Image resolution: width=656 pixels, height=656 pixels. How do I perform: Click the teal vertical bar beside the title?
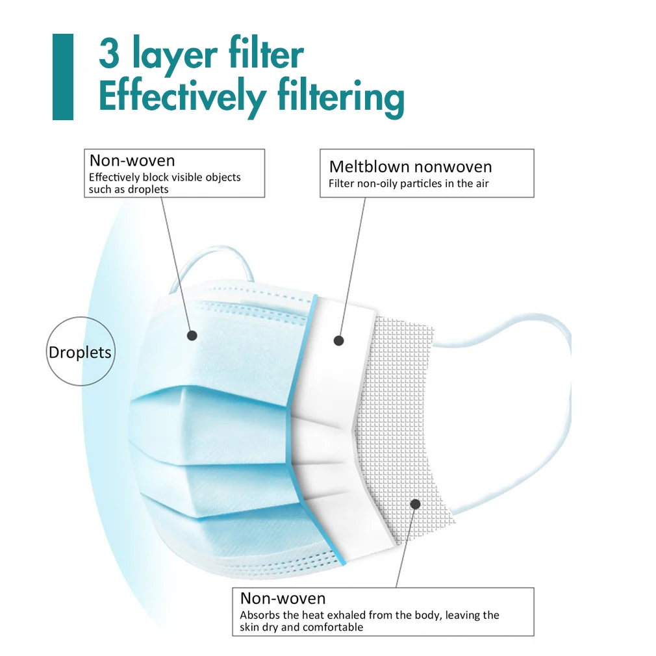pyautogui.click(x=62, y=77)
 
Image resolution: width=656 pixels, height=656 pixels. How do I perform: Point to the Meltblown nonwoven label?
pyautogui.click(x=410, y=167)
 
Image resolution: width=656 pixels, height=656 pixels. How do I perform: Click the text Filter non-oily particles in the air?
pyautogui.click(x=409, y=184)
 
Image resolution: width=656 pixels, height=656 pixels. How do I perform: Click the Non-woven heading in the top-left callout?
pyautogui.click(x=132, y=160)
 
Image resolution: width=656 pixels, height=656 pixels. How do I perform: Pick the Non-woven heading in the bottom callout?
pyautogui.click(x=283, y=598)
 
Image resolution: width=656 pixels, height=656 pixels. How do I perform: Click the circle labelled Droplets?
pyautogui.click(x=80, y=353)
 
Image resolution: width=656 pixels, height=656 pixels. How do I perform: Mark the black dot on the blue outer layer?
pyautogui.click(x=192, y=335)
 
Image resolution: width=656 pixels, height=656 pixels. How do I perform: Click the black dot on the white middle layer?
pyautogui.click(x=338, y=340)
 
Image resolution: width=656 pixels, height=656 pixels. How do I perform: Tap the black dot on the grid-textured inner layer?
pyautogui.click(x=414, y=503)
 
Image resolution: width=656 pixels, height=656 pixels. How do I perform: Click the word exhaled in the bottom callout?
pyautogui.click(x=347, y=615)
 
